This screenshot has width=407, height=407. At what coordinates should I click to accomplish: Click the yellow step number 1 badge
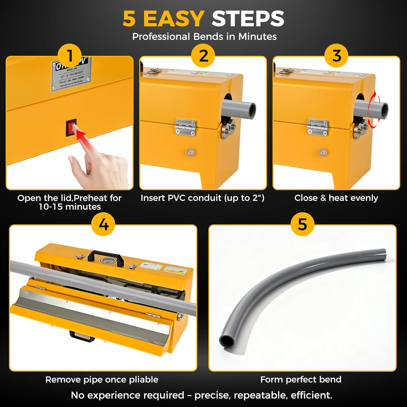pos(70,56)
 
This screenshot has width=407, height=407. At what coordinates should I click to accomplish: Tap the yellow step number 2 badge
pos(203,56)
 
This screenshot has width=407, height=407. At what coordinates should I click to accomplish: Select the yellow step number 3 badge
pos(336,56)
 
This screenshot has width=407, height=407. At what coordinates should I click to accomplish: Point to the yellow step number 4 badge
pos(103,224)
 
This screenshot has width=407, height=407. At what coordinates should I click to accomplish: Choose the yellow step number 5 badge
pos(302,224)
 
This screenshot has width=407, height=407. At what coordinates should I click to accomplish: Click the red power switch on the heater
pos(71,128)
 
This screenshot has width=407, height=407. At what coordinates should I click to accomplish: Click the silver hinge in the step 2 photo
pos(186,127)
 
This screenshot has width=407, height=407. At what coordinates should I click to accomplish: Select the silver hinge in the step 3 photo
pos(318,127)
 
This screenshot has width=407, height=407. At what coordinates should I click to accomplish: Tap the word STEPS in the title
pos(248,19)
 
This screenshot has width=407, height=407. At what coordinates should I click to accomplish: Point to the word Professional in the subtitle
pos(161,37)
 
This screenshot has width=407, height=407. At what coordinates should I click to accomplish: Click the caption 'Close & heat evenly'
pos(336,198)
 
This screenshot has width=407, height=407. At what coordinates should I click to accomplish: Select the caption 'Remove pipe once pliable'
pos(102,379)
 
